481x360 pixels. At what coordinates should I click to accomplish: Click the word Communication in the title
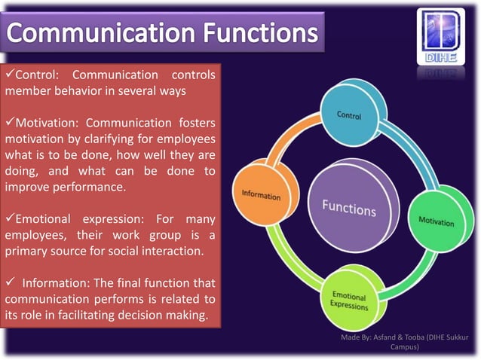tap(100, 34)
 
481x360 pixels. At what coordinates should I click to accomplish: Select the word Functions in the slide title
tap(258, 34)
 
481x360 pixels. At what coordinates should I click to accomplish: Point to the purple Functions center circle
tap(348, 207)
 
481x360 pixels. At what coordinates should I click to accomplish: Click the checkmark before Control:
tap(10, 75)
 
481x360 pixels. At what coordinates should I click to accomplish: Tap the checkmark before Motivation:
tap(10, 123)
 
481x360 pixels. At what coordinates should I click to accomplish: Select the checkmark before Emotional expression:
tap(10, 219)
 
